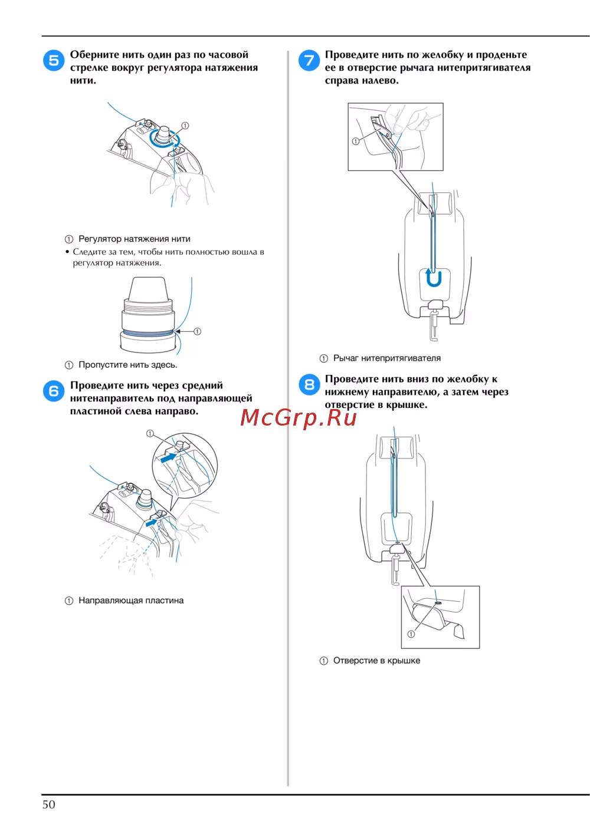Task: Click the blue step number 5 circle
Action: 54,60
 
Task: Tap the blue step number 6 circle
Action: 54,391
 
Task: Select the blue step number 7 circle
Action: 309,60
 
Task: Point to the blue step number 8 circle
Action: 309,385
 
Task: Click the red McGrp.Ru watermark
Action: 299,418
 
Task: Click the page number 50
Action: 49,805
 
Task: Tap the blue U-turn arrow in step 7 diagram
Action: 434,278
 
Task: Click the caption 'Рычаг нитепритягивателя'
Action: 387,358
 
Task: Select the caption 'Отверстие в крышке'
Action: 376,661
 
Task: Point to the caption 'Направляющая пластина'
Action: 131,601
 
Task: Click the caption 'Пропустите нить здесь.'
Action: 128,365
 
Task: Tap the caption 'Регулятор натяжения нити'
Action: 134,239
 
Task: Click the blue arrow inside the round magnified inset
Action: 169,457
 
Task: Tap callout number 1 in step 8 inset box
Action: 411,634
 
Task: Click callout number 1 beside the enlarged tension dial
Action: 197,331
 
